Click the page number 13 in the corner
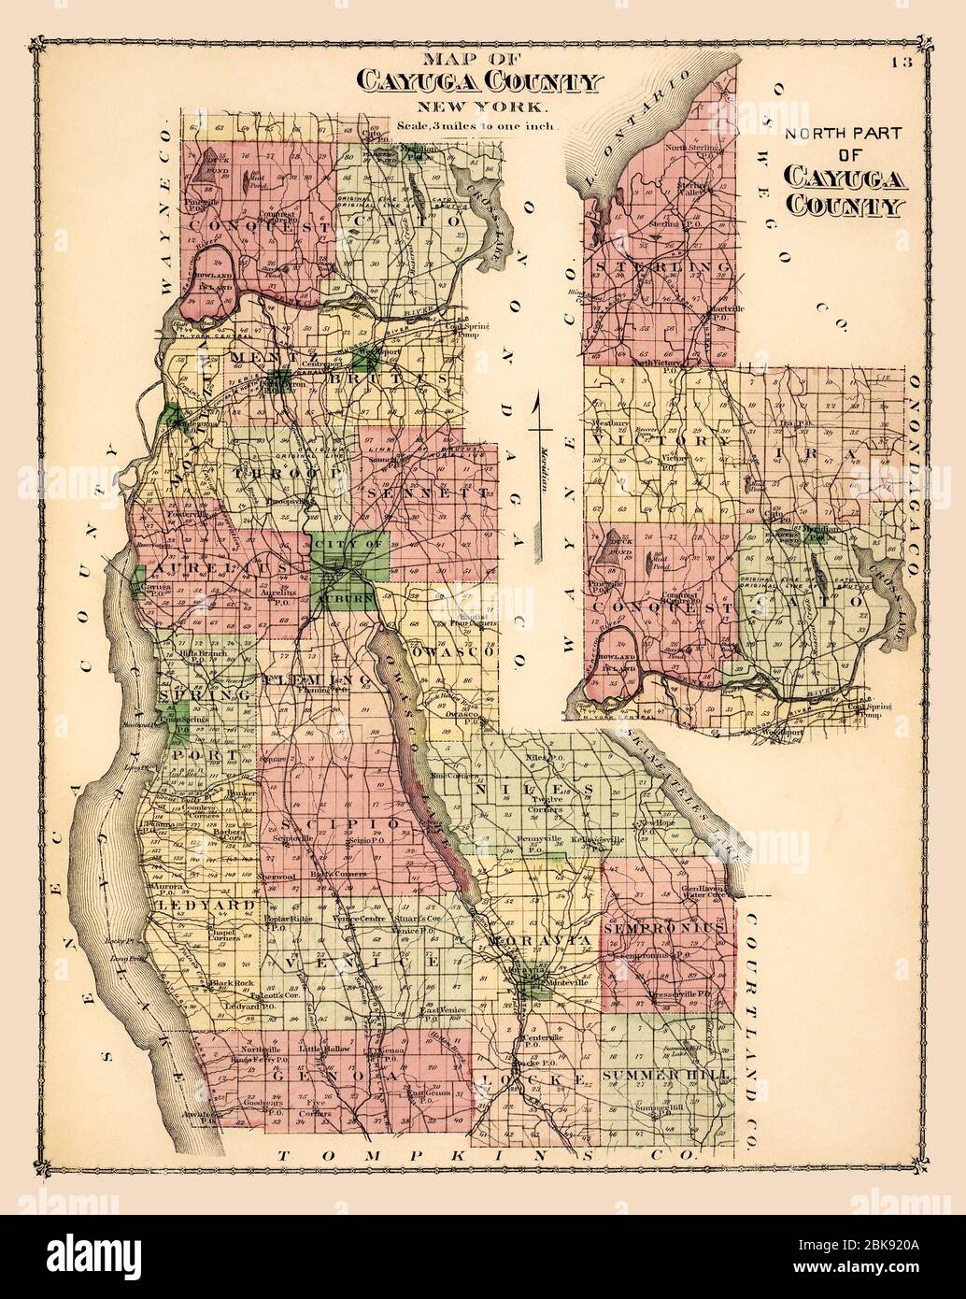click(x=900, y=63)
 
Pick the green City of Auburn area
click(x=348, y=570)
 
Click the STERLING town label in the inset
click(x=660, y=266)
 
